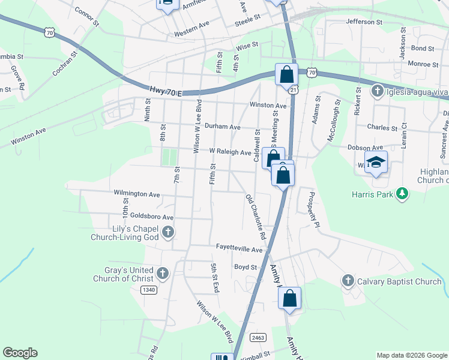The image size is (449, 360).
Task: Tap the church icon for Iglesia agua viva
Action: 377,91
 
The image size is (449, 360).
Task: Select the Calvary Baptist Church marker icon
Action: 348,281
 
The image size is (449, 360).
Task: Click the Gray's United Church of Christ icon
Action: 162,274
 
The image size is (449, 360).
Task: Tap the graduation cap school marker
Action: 376,163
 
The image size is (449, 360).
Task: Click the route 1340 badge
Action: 149,290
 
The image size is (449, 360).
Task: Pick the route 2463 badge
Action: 258,337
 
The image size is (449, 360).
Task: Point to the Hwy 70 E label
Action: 164,91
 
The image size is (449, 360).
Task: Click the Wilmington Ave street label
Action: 137,194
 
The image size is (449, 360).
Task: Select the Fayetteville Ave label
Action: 240,249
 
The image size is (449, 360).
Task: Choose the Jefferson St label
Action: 364,22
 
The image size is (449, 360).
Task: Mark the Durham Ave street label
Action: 222,127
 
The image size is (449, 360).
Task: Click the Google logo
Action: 20,353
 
